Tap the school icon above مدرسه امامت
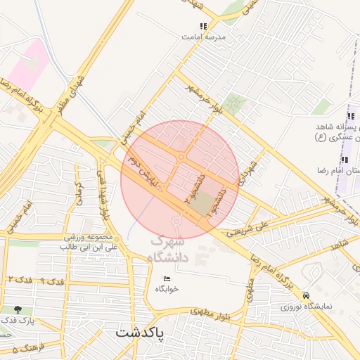pyautogui.click(x=204, y=27)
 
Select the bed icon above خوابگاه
pyautogui.click(x=167, y=279)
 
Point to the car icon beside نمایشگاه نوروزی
pyautogui.click(x=305, y=297)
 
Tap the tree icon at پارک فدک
pyautogui.click(x=17, y=309)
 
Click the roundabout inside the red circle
pyautogui.click(x=181, y=157)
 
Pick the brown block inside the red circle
pyautogui.click(x=202, y=205)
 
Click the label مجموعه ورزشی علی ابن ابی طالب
pyautogui.click(x=91, y=243)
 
